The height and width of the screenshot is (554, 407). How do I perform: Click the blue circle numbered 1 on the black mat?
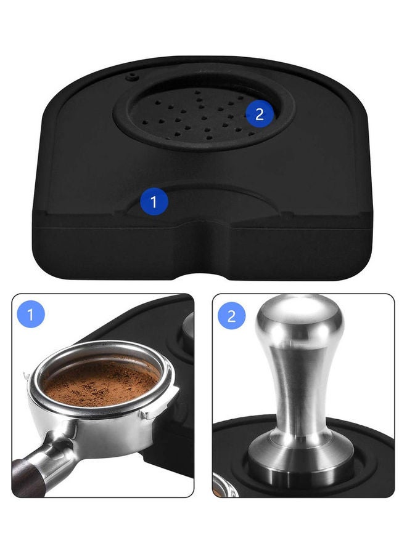click(x=154, y=201)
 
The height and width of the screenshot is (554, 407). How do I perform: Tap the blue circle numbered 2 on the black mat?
click(x=259, y=113)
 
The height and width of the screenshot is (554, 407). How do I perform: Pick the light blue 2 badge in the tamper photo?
click(x=231, y=316)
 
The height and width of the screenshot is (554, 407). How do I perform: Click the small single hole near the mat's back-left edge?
click(x=130, y=78)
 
